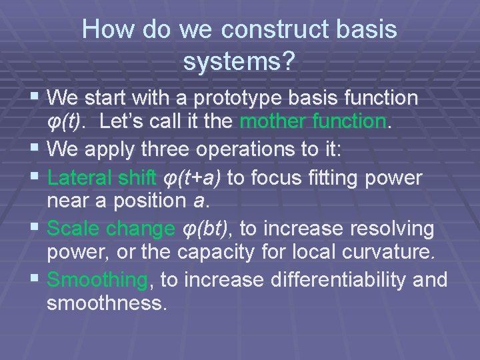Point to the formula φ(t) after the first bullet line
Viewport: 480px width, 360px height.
[x=65, y=122]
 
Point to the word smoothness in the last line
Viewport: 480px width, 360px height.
[x=105, y=303]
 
